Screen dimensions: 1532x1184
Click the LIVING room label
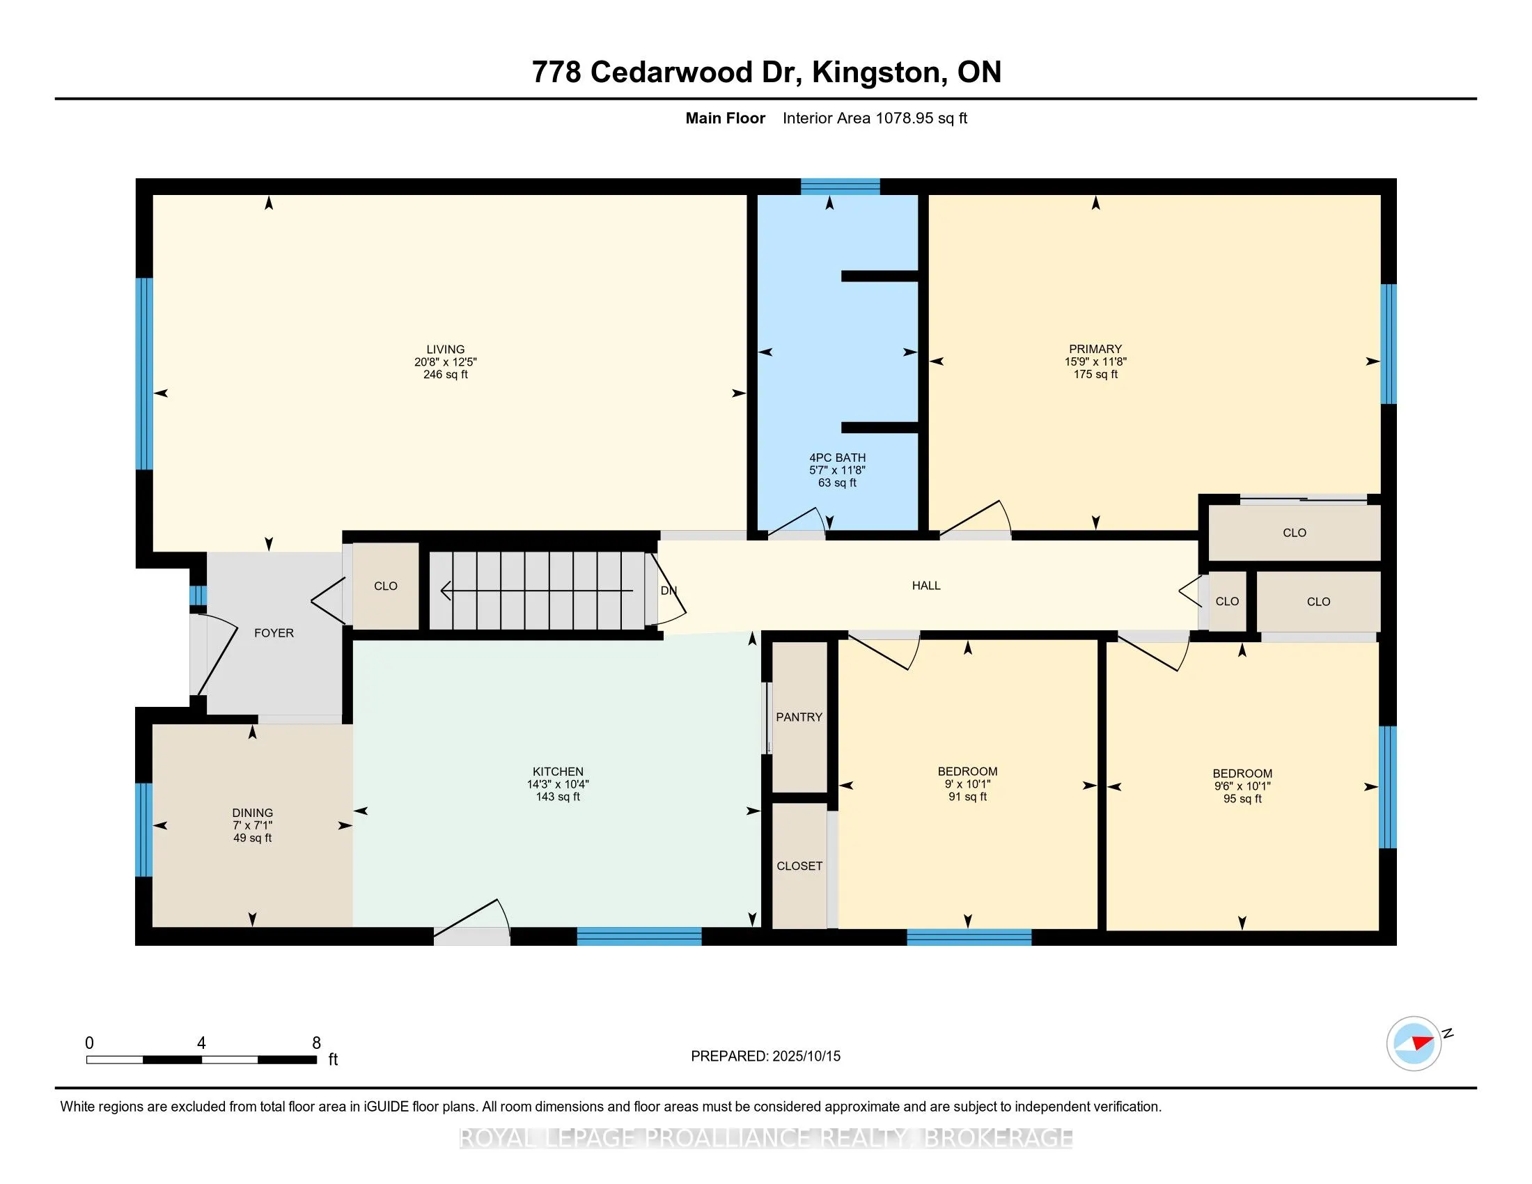pos(446,350)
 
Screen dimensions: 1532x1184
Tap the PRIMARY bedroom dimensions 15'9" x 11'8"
pos(1095,362)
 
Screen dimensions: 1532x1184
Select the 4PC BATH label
pos(838,458)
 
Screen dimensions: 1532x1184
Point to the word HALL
pos(926,586)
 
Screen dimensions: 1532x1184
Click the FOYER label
pos(274,632)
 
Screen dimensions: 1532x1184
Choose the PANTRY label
pos(799,717)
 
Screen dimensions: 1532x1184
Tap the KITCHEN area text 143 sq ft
pos(558,797)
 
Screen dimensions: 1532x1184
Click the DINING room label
pos(253,813)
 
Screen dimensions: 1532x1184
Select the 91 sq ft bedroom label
pos(967,797)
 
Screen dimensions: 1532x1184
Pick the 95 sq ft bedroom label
pos(1242,799)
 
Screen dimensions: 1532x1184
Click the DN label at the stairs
pos(669,591)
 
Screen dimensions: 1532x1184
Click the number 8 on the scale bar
pos(316,1043)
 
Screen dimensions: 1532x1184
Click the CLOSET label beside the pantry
pos(799,866)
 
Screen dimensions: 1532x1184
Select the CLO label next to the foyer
pos(385,586)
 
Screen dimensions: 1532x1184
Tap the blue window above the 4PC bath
pos(841,187)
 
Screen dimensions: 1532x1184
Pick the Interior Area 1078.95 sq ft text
pos(875,118)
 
